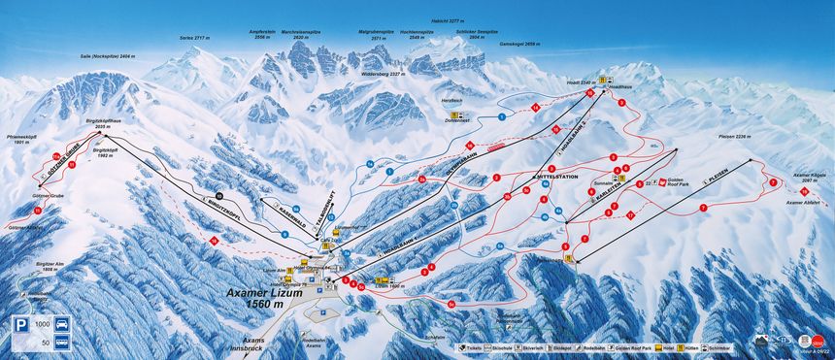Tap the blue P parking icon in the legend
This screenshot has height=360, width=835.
point(19,335)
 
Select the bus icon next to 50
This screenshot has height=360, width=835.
point(64,343)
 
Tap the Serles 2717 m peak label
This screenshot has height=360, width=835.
point(195,37)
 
